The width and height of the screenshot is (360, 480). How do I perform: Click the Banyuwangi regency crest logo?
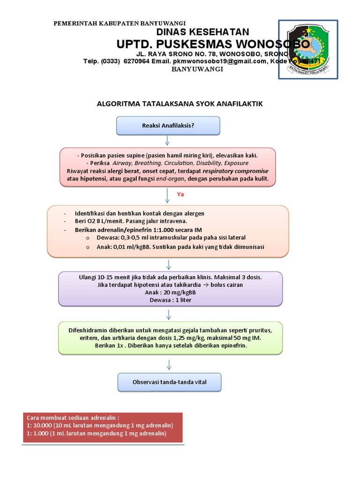(307, 49)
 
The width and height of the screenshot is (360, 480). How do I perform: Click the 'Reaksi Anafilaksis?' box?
(168, 125)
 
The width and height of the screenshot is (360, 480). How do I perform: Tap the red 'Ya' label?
(180, 194)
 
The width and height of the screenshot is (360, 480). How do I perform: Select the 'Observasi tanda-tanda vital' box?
(168, 382)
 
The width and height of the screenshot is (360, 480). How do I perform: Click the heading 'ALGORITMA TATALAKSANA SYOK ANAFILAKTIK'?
(180, 104)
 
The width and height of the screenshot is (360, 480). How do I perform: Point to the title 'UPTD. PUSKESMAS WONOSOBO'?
(213, 44)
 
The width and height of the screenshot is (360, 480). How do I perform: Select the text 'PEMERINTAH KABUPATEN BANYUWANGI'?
(120, 23)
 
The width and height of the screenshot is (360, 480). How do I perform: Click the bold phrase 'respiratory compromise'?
(239, 171)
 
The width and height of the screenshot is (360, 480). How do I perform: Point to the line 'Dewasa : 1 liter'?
(170, 300)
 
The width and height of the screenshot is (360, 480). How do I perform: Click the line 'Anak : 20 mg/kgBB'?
(170, 292)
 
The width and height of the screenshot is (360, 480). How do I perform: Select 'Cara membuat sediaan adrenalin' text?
(73, 417)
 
